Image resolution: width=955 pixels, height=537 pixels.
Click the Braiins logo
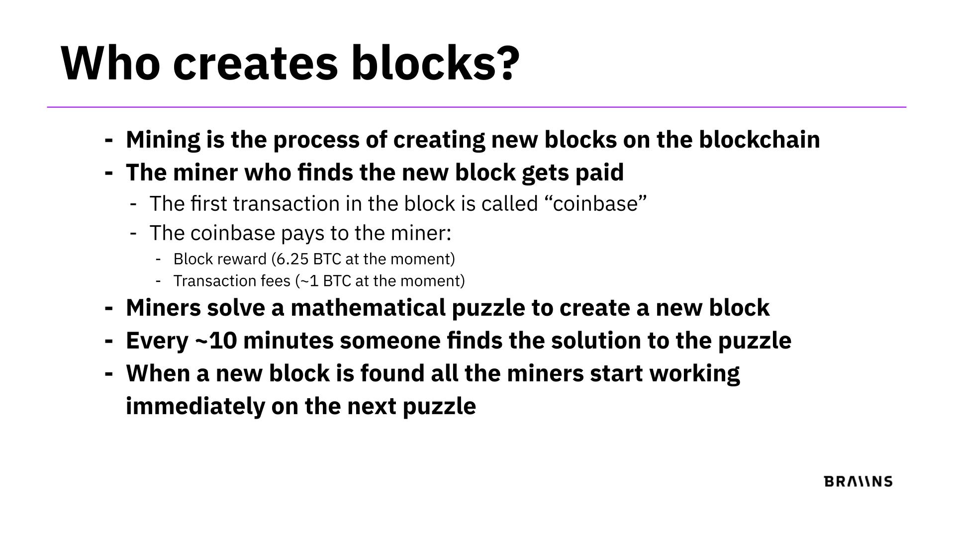pyautogui.click(x=859, y=481)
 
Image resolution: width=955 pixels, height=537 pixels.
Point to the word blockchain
pyautogui.click(x=760, y=140)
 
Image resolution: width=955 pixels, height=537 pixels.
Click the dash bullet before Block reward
pyautogui.click(x=158, y=260)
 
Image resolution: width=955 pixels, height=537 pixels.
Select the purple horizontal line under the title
pyautogui.click(x=477, y=107)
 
